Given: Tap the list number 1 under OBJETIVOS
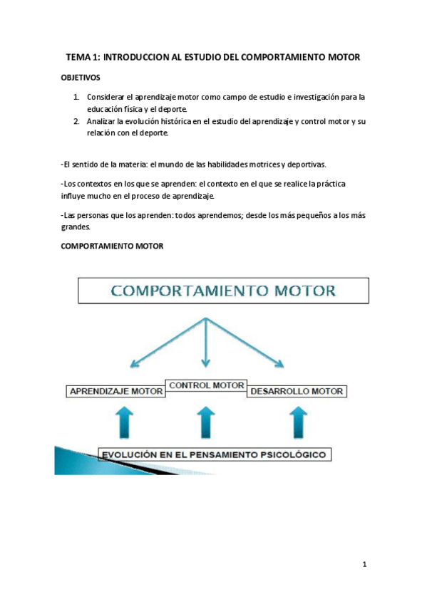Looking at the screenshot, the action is (76, 96).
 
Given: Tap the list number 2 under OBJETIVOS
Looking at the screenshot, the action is (76, 122).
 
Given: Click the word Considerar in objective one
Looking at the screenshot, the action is (106, 96).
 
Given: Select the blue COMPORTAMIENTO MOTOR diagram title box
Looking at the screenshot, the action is (223, 291).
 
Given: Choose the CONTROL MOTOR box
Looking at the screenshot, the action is (206, 385).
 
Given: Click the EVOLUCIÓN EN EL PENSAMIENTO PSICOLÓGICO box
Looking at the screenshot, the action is (214, 454).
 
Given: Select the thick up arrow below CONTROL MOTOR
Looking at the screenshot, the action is (205, 422).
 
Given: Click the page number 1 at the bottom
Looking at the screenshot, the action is (364, 565).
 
